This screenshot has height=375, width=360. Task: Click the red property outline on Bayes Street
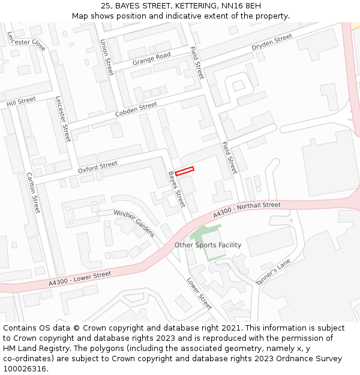click(x=185, y=171)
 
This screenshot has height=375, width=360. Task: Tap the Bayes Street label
click(x=176, y=189)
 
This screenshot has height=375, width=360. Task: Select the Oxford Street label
click(x=98, y=167)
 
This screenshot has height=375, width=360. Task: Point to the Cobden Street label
click(x=136, y=109)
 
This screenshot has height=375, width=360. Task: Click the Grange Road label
click(x=152, y=58)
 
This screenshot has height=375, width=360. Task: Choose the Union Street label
click(x=106, y=57)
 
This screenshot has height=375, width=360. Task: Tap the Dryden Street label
click(x=272, y=41)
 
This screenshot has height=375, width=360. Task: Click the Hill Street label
click(x=21, y=102)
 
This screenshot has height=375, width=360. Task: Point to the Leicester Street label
click(x=63, y=119)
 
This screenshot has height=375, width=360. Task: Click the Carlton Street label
click(x=33, y=193)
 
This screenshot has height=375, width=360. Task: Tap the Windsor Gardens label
click(x=134, y=223)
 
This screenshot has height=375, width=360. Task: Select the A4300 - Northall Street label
click(x=247, y=210)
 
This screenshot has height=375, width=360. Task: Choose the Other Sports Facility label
click(x=208, y=245)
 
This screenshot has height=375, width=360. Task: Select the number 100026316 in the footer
click(x=24, y=369)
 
